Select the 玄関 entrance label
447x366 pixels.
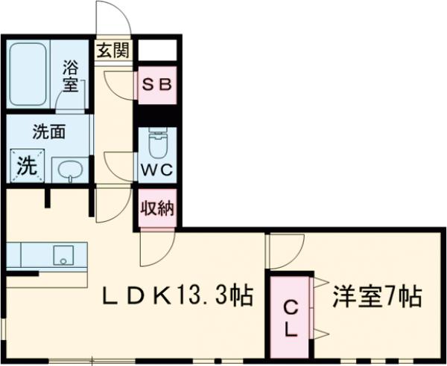pos(113,51)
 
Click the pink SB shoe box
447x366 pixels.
pos(157,84)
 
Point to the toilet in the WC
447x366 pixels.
pos(157,141)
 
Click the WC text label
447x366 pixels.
pos(157,169)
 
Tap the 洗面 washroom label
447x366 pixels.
pos(48,132)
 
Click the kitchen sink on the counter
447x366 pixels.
pos(63,257)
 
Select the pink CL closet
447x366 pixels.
pos(291,317)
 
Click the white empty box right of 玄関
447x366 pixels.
pos(158,50)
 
